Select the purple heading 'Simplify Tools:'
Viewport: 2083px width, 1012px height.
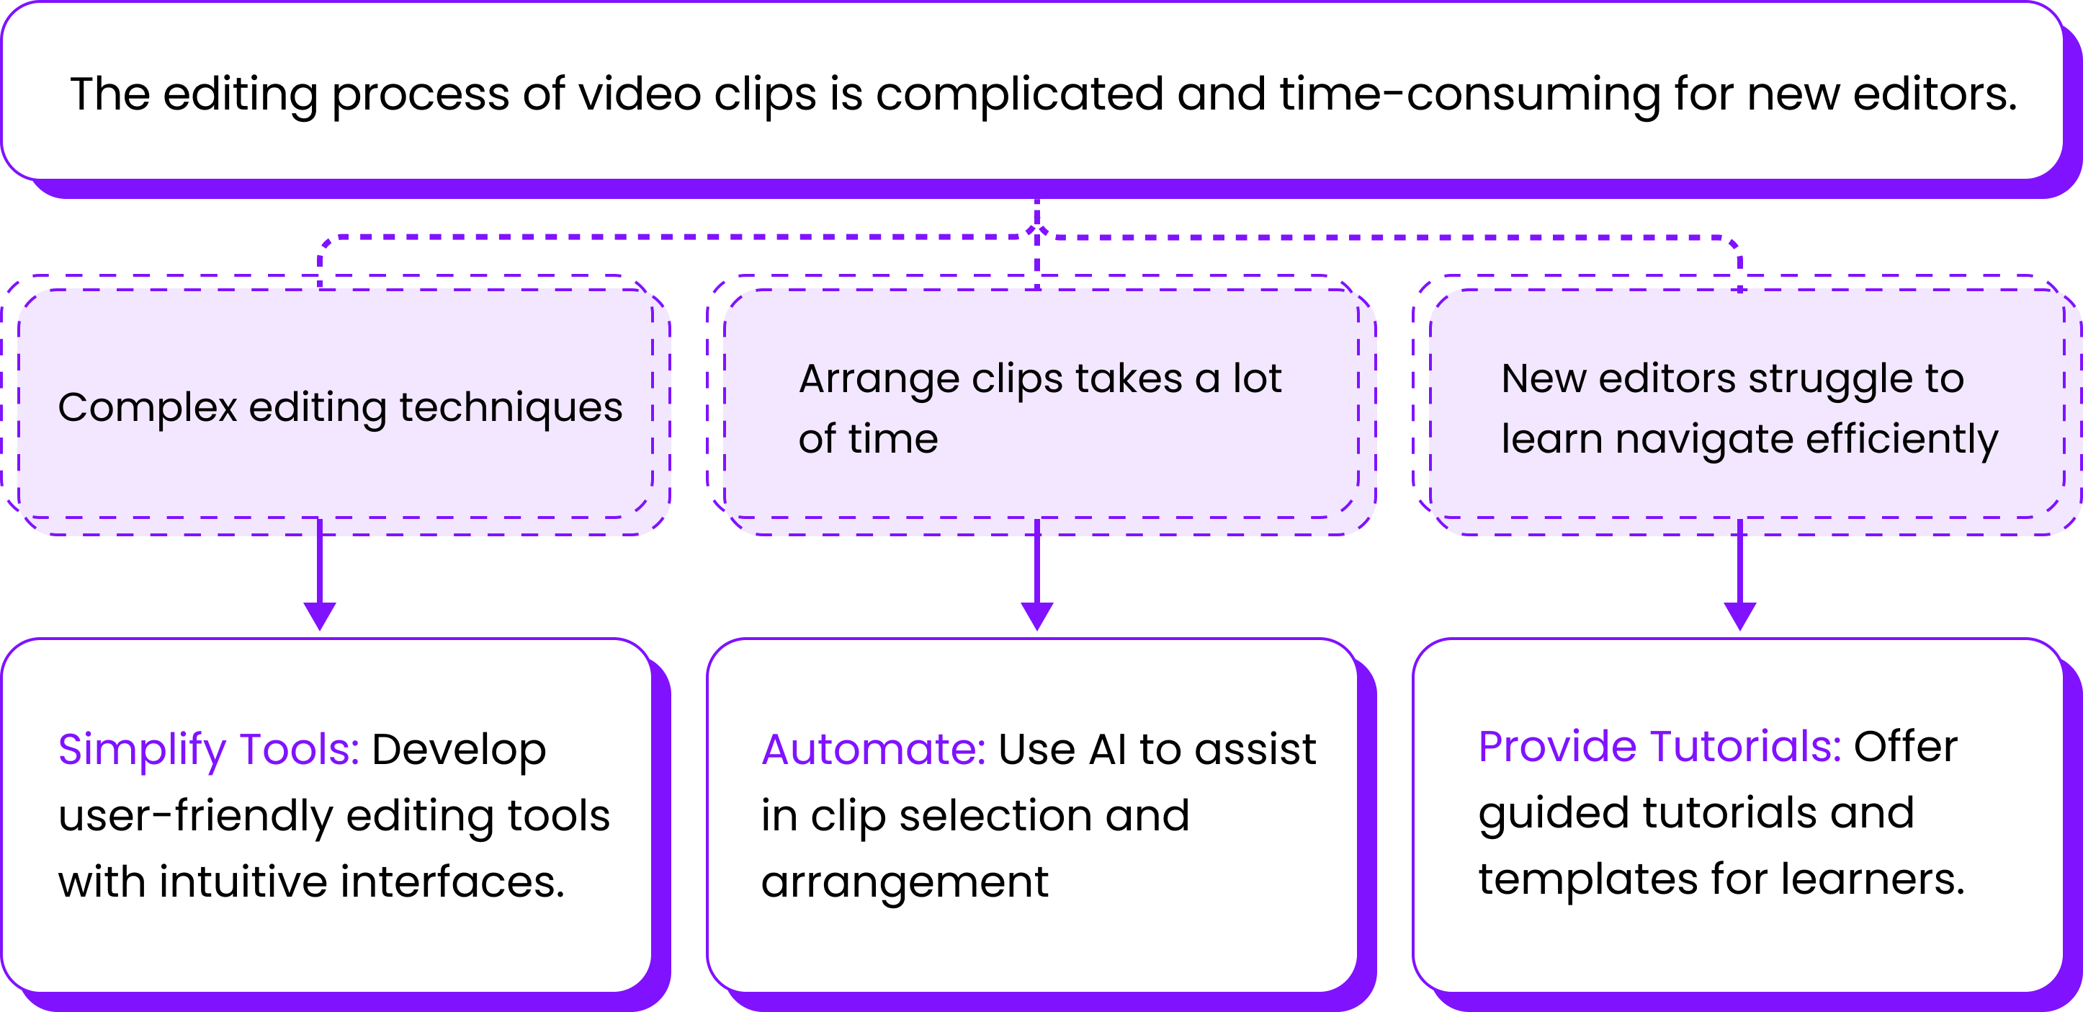[x=209, y=749]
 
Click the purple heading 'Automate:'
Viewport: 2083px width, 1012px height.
[x=873, y=749]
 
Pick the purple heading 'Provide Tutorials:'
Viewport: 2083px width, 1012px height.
[x=1659, y=746]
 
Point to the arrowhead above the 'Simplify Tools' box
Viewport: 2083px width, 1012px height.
[x=321, y=616]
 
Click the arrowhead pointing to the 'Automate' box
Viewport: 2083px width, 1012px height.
[x=1036, y=616]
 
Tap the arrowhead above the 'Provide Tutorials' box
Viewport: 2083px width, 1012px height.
[x=1740, y=616]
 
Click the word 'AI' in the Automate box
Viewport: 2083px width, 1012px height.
[x=1108, y=749]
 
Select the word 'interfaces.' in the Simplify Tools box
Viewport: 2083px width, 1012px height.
[x=452, y=882]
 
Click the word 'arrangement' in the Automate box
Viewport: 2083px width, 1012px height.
[x=904, y=882]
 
